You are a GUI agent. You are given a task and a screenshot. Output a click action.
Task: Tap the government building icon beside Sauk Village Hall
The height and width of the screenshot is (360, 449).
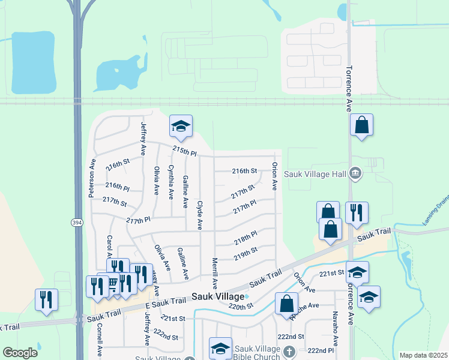click(355, 174)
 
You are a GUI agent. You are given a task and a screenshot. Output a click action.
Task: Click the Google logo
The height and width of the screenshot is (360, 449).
click(20, 353)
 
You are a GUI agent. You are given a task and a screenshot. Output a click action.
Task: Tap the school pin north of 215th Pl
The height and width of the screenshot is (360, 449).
click(181, 126)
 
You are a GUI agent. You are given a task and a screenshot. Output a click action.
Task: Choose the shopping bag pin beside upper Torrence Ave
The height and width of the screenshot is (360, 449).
click(361, 125)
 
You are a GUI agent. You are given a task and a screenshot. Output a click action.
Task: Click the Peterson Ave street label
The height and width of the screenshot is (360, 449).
click(92, 178)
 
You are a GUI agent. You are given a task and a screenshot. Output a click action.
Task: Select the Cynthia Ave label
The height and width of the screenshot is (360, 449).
click(172, 182)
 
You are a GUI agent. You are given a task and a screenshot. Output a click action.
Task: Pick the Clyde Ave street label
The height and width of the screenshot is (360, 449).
click(200, 215)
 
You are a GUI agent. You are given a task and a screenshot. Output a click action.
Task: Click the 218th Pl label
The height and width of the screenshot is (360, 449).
click(246, 238)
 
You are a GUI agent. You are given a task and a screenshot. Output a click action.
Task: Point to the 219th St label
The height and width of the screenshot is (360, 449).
click(246, 253)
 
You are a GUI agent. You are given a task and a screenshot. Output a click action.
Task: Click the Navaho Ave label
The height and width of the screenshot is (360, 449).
click(336, 332)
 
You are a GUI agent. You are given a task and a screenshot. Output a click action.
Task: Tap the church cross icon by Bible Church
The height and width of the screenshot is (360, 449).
click(289, 351)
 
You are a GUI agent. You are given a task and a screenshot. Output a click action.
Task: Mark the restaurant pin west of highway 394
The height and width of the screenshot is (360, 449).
click(46, 299)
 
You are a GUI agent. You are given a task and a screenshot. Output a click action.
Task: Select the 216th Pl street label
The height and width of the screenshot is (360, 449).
click(117, 187)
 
